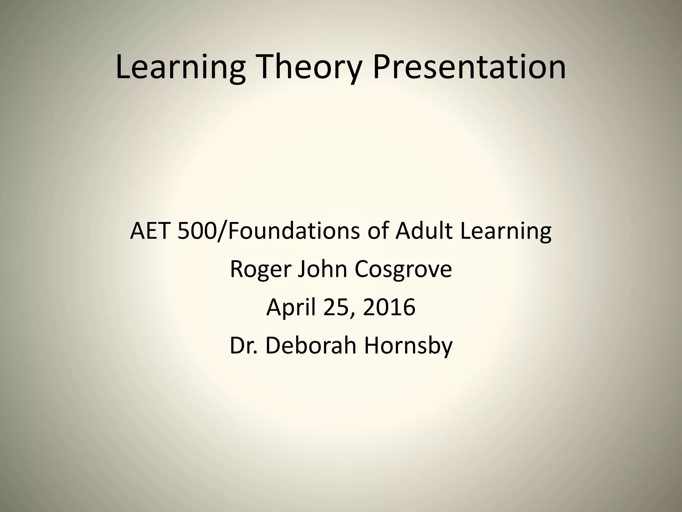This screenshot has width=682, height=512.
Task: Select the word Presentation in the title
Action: click(x=469, y=67)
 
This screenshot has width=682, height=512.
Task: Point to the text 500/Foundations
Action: click(x=268, y=231)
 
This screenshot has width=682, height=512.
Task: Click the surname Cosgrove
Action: click(x=403, y=269)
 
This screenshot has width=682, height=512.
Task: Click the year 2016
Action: click(x=389, y=307)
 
